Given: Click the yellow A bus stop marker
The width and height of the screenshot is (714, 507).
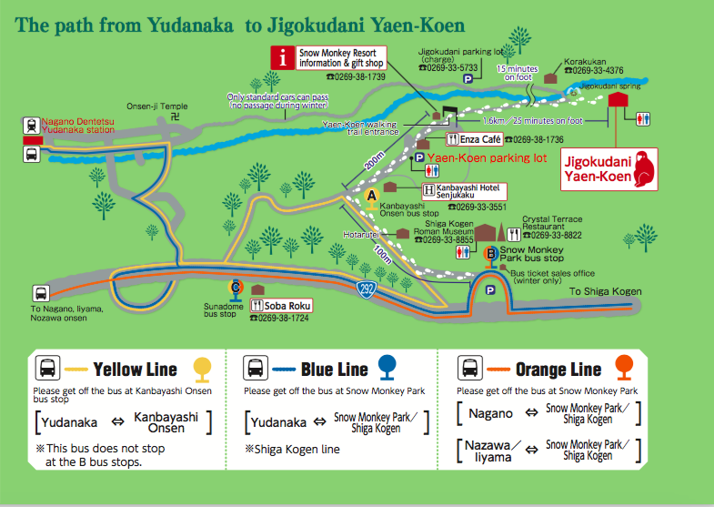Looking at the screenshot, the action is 370,196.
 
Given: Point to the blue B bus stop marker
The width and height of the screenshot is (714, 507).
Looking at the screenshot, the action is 491,254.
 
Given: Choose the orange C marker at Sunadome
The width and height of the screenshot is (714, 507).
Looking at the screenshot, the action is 236,286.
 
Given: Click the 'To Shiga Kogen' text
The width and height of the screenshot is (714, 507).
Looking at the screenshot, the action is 606,291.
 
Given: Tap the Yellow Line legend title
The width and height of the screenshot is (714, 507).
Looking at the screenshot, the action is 135,369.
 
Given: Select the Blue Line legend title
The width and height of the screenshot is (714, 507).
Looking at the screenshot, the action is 334,369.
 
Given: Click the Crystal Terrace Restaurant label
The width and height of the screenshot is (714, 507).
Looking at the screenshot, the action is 553,223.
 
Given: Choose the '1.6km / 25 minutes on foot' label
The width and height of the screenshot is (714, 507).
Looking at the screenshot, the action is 531,120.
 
